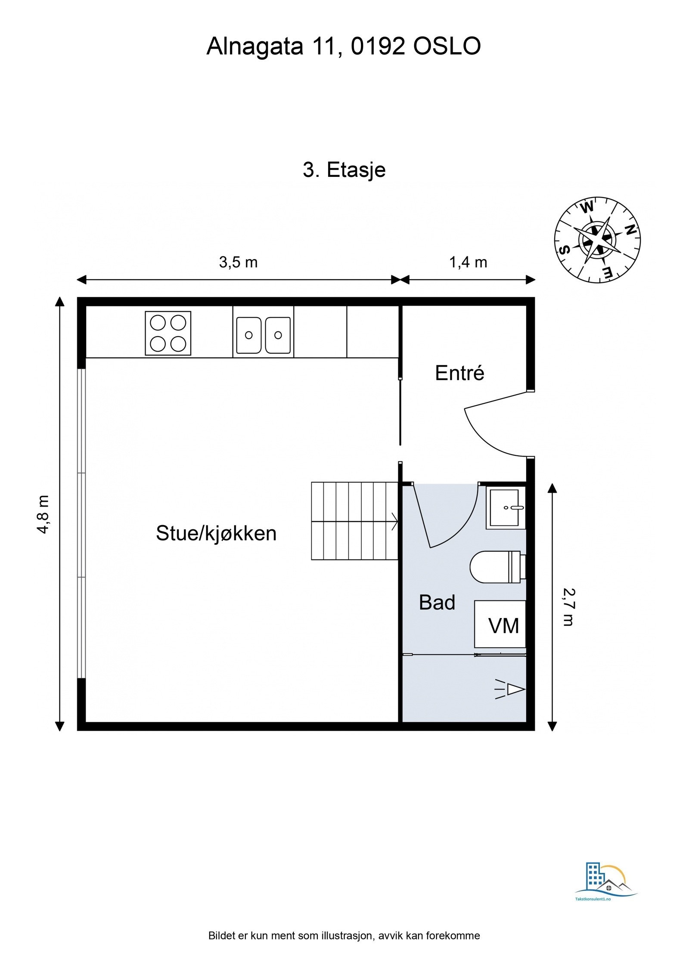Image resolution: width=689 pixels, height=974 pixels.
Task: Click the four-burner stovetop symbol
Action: click(168, 333)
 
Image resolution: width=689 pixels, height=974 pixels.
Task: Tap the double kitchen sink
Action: click(263, 335)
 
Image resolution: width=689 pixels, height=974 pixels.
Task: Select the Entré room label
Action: click(459, 373)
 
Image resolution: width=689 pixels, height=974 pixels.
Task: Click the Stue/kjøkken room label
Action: click(216, 533)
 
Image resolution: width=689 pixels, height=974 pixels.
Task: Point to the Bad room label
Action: click(437, 603)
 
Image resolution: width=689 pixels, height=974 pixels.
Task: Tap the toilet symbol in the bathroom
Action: click(497, 567)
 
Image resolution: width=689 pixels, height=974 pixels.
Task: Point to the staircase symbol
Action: click(354, 521)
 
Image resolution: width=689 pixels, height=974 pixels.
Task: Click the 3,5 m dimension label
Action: click(238, 262)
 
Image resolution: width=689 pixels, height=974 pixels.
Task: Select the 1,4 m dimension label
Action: click(468, 262)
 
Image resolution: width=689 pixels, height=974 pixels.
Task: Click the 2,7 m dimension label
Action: click(568, 607)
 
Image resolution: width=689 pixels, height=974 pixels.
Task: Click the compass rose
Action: click(597, 240)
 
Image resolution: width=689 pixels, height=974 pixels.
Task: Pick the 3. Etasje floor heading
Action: click(344, 170)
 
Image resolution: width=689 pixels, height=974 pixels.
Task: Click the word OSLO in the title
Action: click(447, 46)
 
